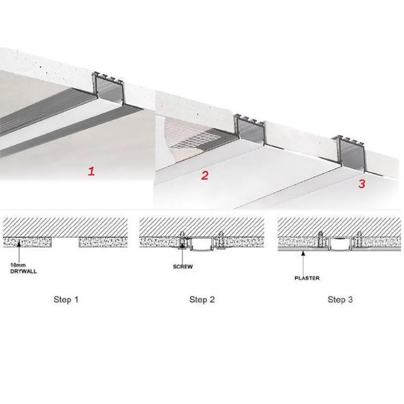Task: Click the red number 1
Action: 91,171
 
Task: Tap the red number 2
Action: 205,176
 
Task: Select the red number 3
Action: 361,184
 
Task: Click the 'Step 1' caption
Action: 66,299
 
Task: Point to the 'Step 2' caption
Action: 202,299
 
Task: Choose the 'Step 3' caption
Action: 340,299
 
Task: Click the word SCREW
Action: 183,266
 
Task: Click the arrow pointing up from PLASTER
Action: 303,260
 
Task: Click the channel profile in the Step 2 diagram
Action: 201,244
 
